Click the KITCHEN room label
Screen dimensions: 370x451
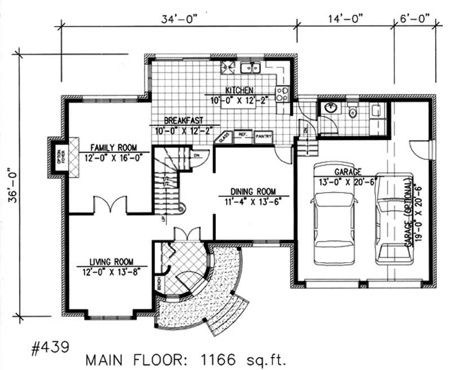click(240, 90)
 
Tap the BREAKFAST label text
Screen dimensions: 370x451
click(183, 121)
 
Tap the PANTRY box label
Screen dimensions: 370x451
click(263, 136)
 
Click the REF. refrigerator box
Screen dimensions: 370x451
click(244, 136)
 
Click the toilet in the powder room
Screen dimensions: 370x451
click(353, 111)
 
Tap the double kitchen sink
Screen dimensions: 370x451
click(249, 68)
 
